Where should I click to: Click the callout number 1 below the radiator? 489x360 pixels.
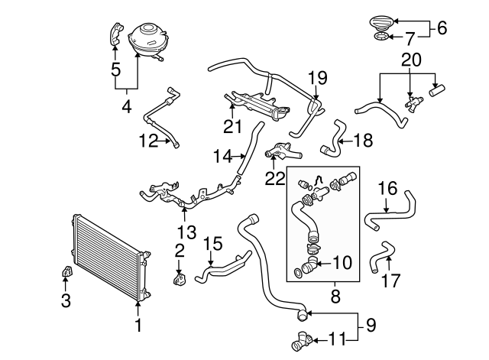coord(138,326)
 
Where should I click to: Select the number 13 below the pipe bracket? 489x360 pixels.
coord(186,231)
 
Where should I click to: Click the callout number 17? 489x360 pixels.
coord(390,281)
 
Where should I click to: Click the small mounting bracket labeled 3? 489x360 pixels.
coord(66,272)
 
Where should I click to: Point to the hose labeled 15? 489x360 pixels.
coord(222,267)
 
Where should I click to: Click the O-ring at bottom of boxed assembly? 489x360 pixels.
coord(297,271)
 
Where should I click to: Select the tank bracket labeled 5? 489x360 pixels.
coord(116,35)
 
